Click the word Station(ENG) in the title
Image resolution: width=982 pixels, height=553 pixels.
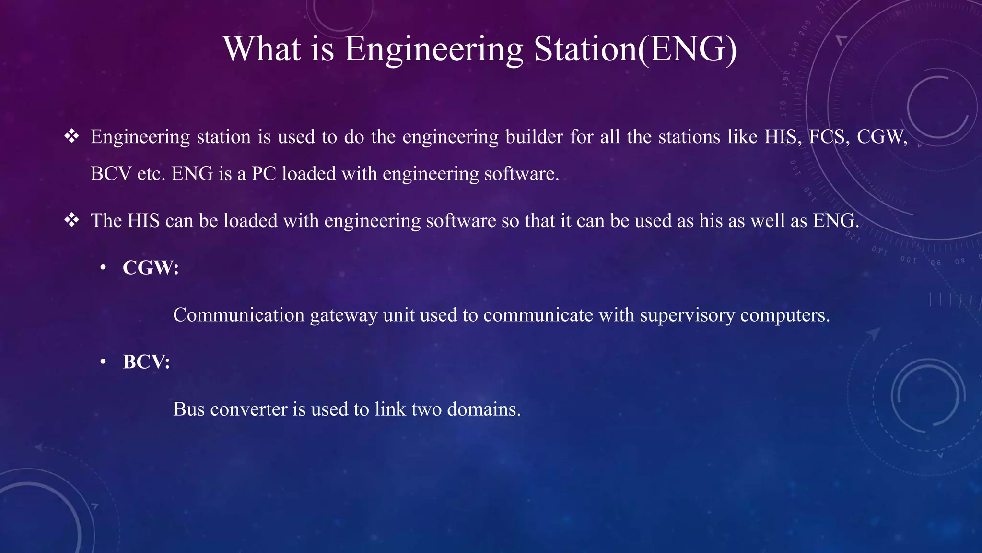(635, 49)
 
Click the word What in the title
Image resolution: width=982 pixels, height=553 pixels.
(262, 49)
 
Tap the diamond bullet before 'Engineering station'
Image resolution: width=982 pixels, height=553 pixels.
(72, 136)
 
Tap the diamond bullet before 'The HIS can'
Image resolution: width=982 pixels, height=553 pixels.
(72, 220)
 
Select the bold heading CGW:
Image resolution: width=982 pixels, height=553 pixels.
(151, 267)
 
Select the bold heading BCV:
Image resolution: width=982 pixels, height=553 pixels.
(146, 361)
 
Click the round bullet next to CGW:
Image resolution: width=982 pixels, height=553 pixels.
(103, 268)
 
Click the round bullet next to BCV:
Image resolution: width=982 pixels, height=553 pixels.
(103, 362)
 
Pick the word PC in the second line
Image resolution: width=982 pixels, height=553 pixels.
(264, 173)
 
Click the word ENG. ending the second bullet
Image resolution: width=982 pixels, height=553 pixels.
(836, 220)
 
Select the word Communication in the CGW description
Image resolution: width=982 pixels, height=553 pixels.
(239, 315)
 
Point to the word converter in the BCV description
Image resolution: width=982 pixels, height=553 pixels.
(249, 409)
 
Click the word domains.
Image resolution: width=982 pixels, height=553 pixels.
(484, 409)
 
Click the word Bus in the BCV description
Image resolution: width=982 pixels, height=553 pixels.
(189, 409)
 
